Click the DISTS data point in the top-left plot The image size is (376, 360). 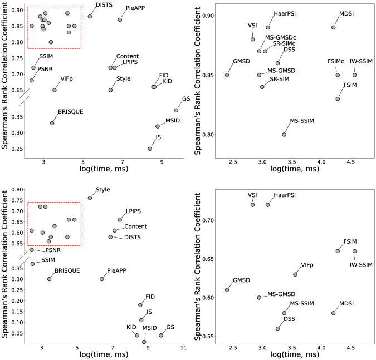(x=90, y=16)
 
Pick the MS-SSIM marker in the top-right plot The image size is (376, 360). (x=284, y=135)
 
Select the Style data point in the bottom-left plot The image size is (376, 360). (x=90, y=198)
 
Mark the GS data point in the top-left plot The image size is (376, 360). (x=176, y=110)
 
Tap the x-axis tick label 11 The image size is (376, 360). (x=184, y=348)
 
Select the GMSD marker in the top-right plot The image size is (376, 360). (x=227, y=75)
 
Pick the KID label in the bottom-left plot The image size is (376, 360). (x=131, y=327)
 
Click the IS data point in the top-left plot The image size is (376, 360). (x=150, y=149)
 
